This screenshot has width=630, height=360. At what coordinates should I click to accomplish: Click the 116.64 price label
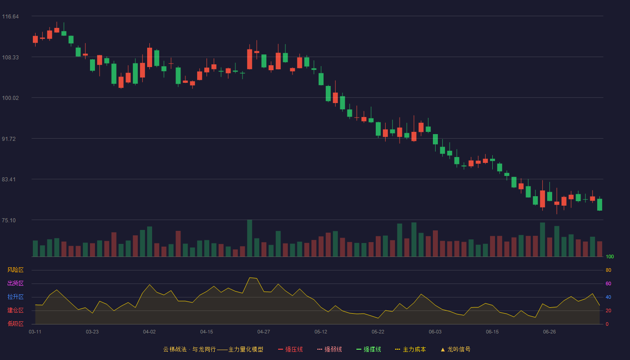(10, 17)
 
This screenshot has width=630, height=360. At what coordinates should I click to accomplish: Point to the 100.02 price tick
(10, 98)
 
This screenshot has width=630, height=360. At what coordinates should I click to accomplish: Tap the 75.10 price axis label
(9, 220)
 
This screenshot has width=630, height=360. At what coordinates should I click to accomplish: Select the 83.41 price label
(9, 180)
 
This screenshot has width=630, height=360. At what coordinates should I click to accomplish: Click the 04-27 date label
(264, 332)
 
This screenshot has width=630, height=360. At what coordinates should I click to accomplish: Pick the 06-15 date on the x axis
(492, 332)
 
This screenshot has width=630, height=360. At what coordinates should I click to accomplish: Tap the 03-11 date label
(35, 332)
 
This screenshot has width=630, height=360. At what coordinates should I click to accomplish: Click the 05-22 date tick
(378, 332)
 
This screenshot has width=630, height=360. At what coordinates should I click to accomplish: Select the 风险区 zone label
(15, 270)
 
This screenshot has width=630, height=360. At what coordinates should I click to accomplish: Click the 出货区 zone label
(15, 283)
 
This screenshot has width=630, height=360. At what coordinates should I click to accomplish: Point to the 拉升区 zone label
(15, 297)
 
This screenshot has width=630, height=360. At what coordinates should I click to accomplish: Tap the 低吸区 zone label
(15, 324)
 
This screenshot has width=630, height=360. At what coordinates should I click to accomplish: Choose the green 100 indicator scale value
(610, 257)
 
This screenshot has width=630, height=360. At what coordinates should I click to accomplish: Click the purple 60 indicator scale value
(608, 284)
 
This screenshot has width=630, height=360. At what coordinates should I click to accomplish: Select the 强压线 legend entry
(290, 350)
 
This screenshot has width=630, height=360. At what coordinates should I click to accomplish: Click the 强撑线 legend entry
(369, 350)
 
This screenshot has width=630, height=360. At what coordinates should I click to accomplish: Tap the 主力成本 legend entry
(410, 350)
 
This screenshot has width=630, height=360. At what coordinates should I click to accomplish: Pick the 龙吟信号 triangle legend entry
(455, 350)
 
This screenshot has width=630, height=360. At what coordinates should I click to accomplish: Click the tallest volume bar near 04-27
(249, 238)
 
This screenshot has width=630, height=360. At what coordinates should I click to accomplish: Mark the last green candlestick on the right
(599, 204)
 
